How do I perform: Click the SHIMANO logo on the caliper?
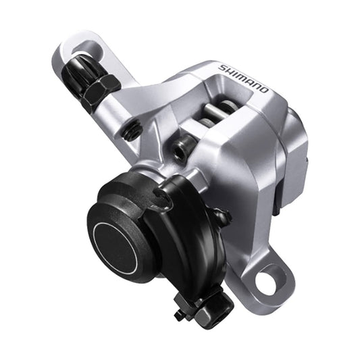pos(243,78)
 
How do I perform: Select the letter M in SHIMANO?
pos(239,75)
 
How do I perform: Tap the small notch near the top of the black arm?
pos(162,195)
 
